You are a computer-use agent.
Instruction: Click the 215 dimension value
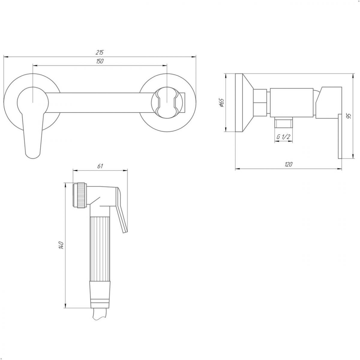[100, 52]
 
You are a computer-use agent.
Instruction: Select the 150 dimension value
[100, 61]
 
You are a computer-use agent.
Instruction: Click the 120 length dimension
[289, 164]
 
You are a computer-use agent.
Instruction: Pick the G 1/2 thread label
[283, 137]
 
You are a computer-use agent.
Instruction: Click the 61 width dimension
[100, 166]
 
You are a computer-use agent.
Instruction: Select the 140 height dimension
[61, 245]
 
